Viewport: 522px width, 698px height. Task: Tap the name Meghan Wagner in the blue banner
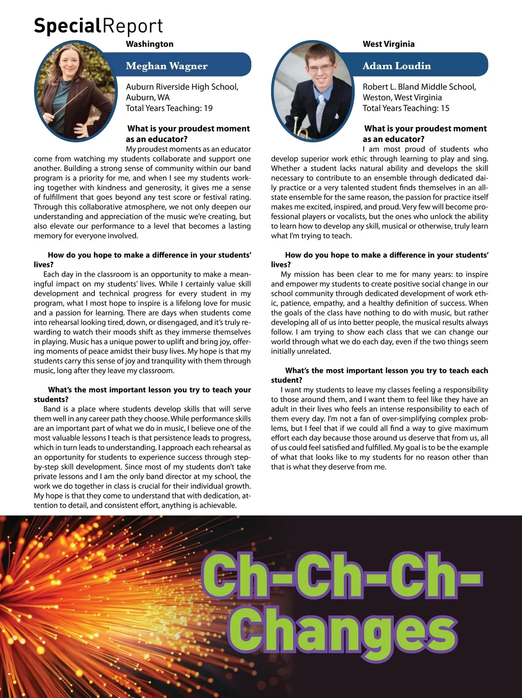pos(167,66)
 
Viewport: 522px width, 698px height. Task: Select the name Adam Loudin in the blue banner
pos(397,66)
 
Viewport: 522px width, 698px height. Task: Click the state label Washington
pos(150,44)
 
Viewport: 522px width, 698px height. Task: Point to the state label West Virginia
pos(388,44)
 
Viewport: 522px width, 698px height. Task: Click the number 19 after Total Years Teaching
pos(208,108)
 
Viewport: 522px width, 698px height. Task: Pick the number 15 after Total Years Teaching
pos(445,108)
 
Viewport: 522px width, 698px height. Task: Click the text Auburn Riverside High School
pos(182,87)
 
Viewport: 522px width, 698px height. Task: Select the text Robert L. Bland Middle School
pos(419,87)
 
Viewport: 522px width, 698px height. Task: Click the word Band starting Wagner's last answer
pos(52,409)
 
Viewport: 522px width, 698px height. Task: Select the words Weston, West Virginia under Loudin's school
pos(402,97)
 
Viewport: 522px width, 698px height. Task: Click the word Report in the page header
pos(133,26)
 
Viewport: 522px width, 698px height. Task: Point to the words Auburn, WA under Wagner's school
pos(147,97)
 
